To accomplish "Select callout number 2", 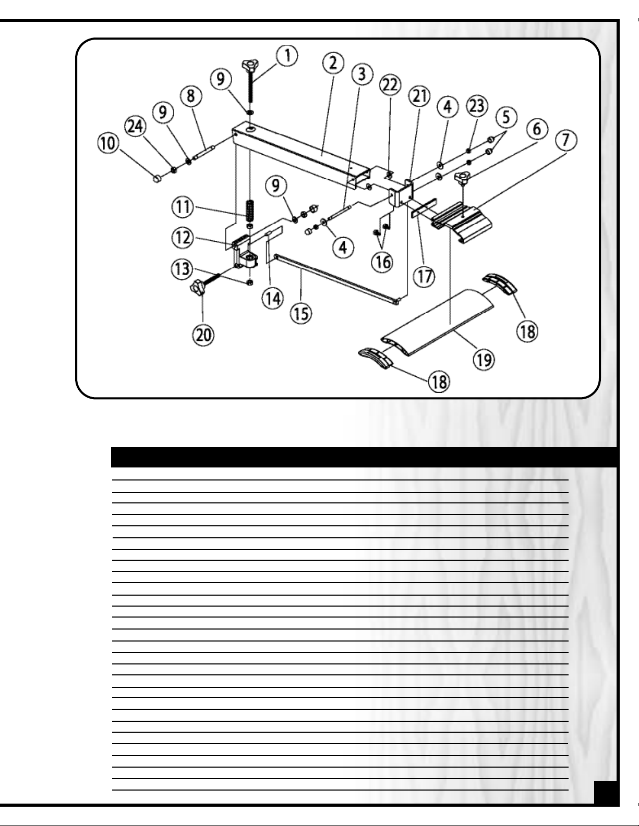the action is coord(333,64).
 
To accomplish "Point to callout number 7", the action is coord(566,138).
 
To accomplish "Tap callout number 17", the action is coord(424,275).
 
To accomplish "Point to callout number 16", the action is coord(383,261).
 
